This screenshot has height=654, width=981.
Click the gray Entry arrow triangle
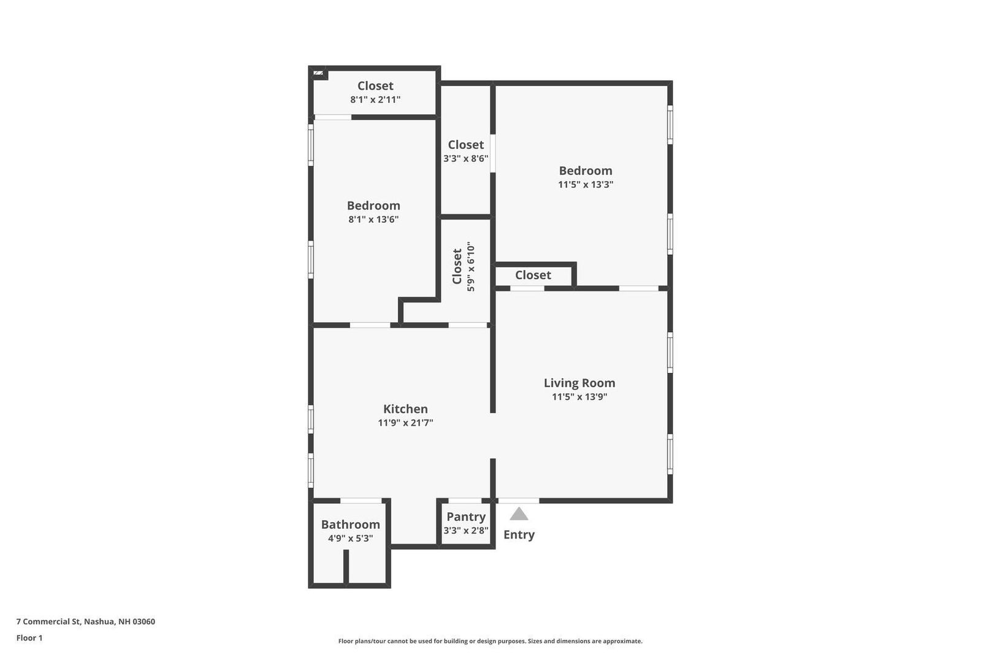[x=519, y=514]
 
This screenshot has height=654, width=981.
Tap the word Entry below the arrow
[x=519, y=534]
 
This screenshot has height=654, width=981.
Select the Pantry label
[x=466, y=517]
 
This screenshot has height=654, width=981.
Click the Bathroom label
[x=350, y=525]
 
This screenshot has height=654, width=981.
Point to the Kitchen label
[x=405, y=409]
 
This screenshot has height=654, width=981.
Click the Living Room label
[x=579, y=383]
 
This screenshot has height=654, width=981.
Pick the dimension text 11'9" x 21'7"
[x=405, y=423]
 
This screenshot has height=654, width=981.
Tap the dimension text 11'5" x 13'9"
[x=579, y=397]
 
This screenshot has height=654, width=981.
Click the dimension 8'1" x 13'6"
[x=373, y=219]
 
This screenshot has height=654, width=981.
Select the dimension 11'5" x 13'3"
[x=586, y=184]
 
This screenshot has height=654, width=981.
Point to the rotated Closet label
[x=457, y=266]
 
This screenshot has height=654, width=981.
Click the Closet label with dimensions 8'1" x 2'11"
[x=375, y=86]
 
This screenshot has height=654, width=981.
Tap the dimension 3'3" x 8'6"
[x=466, y=158]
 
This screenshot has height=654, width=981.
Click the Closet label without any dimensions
[x=533, y=275]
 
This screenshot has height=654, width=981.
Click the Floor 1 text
[x=29, y=638]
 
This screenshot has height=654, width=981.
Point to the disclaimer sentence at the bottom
[x=490, y=641]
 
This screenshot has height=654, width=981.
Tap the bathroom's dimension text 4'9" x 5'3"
[x=350, y=539]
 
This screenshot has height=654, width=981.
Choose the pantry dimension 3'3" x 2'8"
[x=466, y=531]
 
